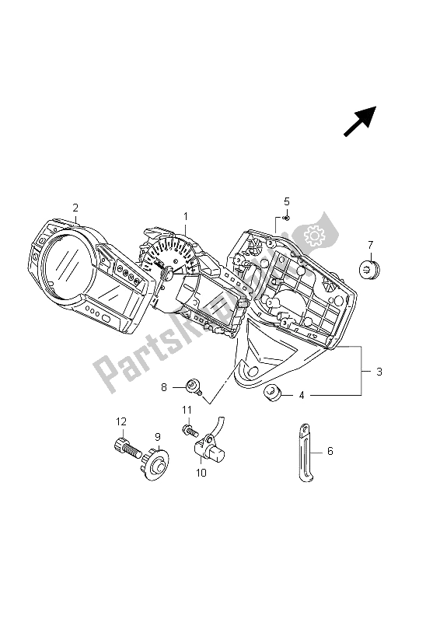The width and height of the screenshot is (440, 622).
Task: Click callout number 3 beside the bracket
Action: pyautogui.click(x=379, y=372)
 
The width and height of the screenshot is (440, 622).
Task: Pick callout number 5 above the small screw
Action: pyautogui.click(x=286, y=201)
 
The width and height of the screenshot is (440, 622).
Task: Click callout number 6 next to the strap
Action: pyautogui.click(x=330, y=449)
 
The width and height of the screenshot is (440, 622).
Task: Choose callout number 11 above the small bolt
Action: pyautogui.click(x=187, y=410)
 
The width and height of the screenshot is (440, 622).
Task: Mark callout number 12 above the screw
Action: pyautogui.click(x=121, y=421)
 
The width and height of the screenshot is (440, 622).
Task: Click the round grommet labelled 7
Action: pyautogui.click(x=369, y=269)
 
